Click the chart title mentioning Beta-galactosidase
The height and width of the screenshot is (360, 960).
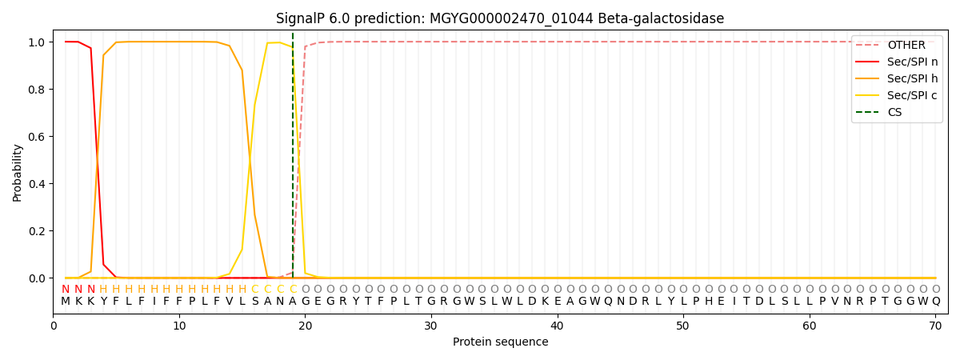tap(500, 18)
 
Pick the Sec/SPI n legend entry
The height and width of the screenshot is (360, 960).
tap(912, 62)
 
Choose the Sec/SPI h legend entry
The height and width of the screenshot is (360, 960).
tap(912, 79)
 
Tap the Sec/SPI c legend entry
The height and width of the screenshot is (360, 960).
tap(912, 96)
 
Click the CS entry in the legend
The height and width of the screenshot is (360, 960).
tap(894, 113)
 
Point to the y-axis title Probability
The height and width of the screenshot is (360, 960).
tap(18, 172)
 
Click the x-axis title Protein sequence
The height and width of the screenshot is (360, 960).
tap(500, 342)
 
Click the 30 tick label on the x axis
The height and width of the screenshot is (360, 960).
tap(431, 326)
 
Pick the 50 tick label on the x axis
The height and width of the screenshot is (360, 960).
tap(683, 326)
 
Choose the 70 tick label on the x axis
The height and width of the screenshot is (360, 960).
tap(935, 326)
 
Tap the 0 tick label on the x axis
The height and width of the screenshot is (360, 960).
tap(54, 326)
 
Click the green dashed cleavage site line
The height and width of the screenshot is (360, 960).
tap(293, 160)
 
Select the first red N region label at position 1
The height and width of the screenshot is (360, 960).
tap(66, 290)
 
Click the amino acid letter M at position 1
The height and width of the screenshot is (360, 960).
tap(66, 302)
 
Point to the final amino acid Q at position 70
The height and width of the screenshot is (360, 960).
tap(935, 302)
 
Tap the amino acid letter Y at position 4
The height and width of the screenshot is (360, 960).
tap(103, 302)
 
